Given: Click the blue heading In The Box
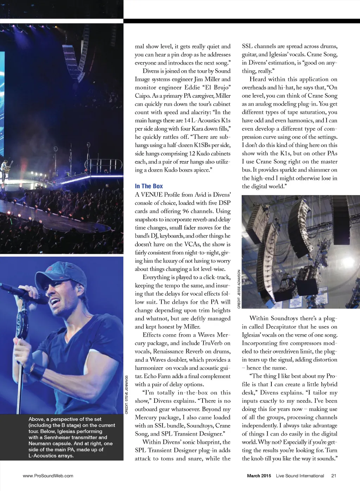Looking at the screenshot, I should [x=149, y=186].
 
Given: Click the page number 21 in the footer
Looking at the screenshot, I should [x=334, y=476].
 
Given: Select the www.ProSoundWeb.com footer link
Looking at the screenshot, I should [x=48, y=476].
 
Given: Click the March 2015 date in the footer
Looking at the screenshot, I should [x=259, y=476].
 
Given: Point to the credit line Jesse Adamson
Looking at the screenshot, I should [x=239, y=289].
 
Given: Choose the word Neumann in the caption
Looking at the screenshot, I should [x=40, y=444].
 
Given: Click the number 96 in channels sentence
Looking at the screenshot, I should [x=186, y=211].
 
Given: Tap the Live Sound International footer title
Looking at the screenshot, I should [x=300, y=476].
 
